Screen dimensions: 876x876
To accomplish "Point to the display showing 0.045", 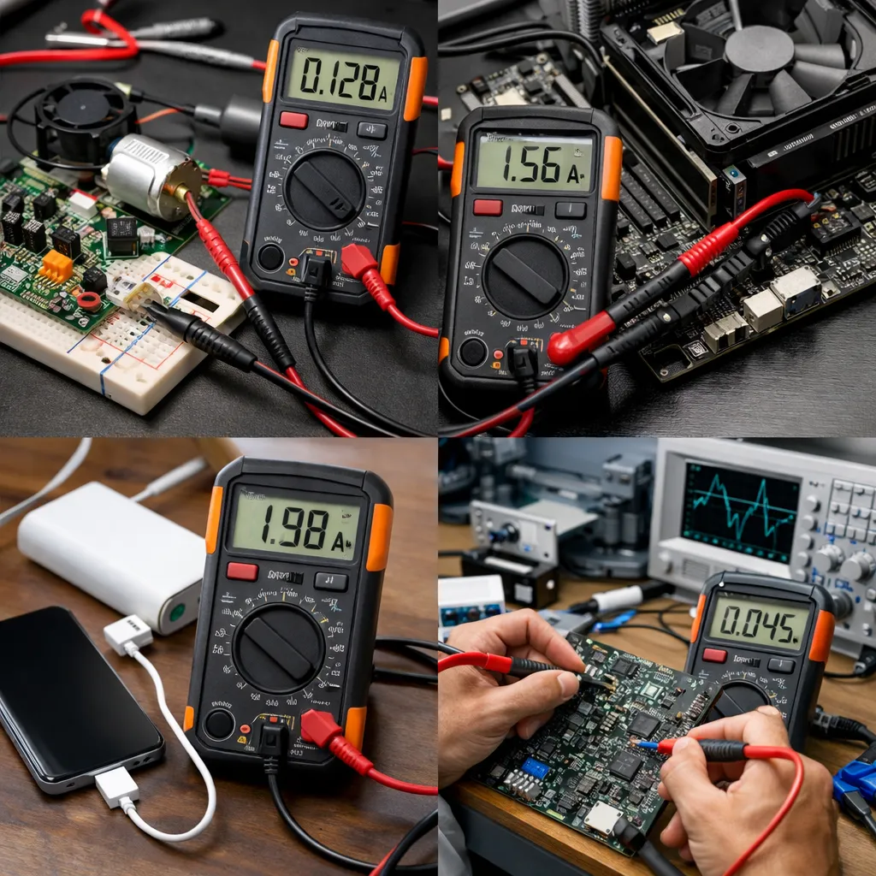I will pos(760,621).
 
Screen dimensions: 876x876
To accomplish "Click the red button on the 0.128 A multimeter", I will pos(293,120).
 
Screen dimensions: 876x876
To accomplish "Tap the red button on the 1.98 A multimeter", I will pos(242,571).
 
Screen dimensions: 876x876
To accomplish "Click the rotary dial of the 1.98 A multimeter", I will pos(279,648).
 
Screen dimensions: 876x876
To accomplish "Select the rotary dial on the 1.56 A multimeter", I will pos(525,276).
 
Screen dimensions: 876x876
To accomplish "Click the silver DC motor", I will pos(151,176).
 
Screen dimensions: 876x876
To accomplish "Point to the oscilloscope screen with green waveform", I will pos(740,510).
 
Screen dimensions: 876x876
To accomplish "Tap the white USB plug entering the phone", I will pos(116,786).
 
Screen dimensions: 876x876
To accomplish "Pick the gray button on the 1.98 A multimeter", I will pos(330,581).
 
